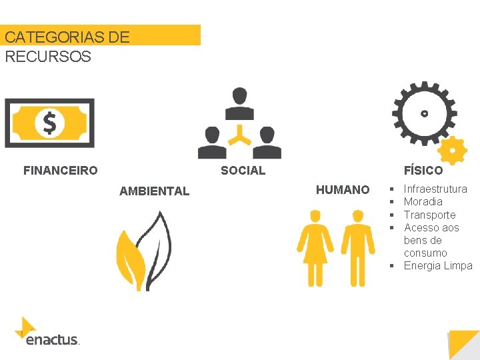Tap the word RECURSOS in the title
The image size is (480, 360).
[48, 57]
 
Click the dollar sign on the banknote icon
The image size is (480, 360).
[49, 123]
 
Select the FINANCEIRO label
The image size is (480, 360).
[60, 171]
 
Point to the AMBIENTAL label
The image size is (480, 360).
[154, 191]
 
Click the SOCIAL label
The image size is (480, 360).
[243, 171]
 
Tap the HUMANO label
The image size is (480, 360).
[343, 190]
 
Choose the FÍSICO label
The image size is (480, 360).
[423, 171]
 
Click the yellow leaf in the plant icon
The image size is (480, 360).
[131, 257]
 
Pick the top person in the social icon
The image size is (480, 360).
[239, 103]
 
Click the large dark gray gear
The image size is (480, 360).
[424, 113]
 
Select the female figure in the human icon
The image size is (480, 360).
[315, 247]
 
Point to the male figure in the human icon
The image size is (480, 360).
[358, 247]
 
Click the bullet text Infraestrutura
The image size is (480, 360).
[435, 189]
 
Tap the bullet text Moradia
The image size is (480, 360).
[423, 202]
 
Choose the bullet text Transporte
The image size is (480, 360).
[429, 215]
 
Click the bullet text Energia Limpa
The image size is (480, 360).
[437, 266]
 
